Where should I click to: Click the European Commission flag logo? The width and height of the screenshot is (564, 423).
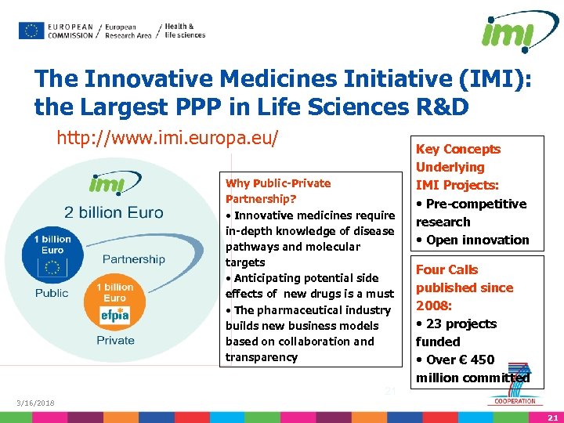[x=31, y=31]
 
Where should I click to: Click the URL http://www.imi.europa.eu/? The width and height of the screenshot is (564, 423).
[x=167, y=139]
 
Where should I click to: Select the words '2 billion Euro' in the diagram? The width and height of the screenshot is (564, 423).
[x=114, y=212]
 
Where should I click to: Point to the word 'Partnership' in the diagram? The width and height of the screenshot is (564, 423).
[x=134, y=259]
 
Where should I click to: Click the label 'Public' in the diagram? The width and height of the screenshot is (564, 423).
[x=52, y=293]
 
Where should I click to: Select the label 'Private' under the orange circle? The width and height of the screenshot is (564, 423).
[x=115, y=340]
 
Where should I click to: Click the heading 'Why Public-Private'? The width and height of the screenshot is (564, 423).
[x=278, y=183]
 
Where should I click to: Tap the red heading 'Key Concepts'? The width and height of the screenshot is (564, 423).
[x=458, y=149]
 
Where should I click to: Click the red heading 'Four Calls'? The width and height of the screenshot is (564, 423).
[x=446, y=269]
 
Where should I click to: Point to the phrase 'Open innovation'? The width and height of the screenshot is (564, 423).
[x=477, y=240]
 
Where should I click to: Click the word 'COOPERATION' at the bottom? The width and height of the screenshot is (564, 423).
[x=514, y=402]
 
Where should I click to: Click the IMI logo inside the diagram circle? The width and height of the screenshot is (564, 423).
[x=104, y=185]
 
